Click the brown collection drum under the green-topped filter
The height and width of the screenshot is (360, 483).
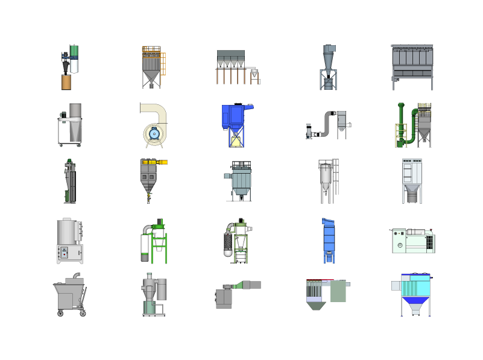[66, 81]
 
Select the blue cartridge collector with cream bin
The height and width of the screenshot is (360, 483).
[236, 124]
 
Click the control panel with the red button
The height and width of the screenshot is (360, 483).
[64, 252]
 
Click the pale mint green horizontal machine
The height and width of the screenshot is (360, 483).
[412, 240]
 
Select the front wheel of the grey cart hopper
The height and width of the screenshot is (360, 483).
[60, 314]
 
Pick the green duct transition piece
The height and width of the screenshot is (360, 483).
[238, 285]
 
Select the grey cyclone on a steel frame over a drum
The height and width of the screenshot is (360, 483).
[329, 66]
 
